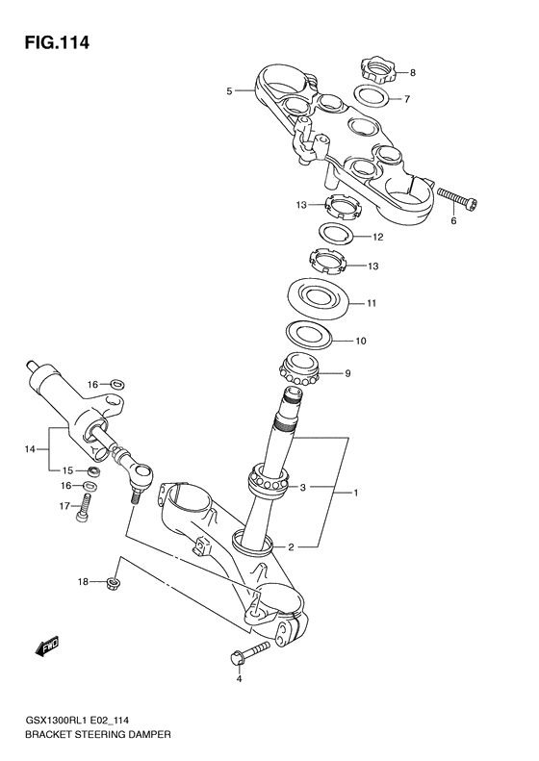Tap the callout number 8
pyautogui.click(x=412, y=73)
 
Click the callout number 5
pyautogui.click(x=229, y=91)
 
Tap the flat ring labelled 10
pyautogui.click(x=312, y=336)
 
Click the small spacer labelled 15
pyautogui.click(x=94, y=471)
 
